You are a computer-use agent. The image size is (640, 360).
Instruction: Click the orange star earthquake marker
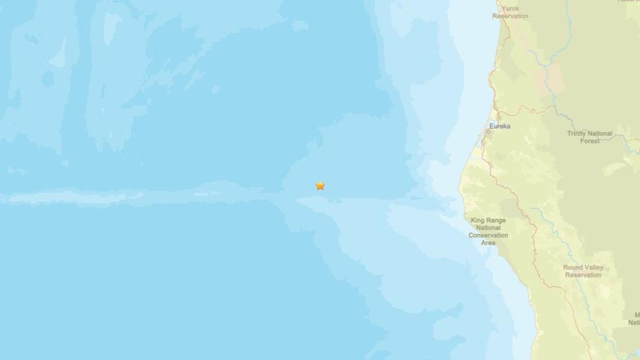coord(320,185)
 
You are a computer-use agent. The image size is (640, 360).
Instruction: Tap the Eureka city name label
coord(500,126)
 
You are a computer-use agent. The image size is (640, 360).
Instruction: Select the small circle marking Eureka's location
coord(488,131)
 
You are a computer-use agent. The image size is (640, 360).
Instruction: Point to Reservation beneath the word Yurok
coord(510,16)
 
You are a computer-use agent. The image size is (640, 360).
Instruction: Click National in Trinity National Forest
coord(600,134)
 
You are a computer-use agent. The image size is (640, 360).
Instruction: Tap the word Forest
coord(589,141)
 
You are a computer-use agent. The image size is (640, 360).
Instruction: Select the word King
coord(478,221)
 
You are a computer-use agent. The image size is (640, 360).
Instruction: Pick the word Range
coord(496,221)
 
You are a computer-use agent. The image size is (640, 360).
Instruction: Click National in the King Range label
coord(488,228)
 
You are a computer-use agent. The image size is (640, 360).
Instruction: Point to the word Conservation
coord(488,235)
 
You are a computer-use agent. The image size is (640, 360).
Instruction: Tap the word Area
coord(488,243)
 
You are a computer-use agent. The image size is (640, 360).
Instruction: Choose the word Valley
coord(594,268)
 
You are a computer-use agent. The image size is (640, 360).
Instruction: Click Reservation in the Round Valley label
coord(584,275)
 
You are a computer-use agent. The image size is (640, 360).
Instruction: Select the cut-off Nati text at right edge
coord(634,322)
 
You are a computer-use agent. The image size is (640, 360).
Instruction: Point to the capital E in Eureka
coord(492,126)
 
